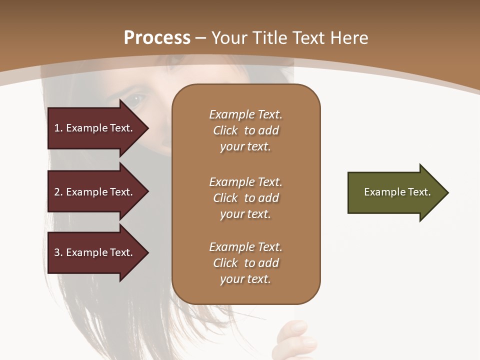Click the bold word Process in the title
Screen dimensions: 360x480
point(157,38)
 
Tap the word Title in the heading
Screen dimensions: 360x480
point(270,38)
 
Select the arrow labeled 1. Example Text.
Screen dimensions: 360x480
point(95,128)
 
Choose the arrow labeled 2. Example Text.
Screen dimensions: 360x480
point(95,192)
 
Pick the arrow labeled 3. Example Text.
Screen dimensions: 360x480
point(95,252)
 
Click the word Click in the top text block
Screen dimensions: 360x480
point(225,131)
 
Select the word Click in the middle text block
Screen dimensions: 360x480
point(225,198)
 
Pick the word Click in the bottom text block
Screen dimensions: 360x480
point(225,263)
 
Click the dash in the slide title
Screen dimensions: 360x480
point(200,38)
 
